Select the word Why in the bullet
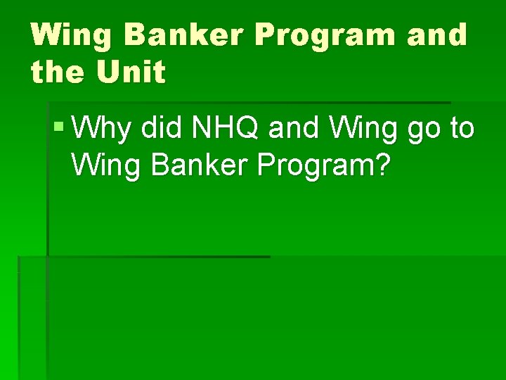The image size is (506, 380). click(x=101, y=130)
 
